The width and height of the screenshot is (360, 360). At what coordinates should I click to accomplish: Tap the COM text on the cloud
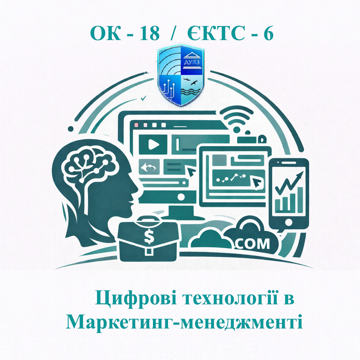click(x=252, y=243)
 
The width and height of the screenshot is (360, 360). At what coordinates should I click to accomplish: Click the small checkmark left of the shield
click(x=142, y=99)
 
